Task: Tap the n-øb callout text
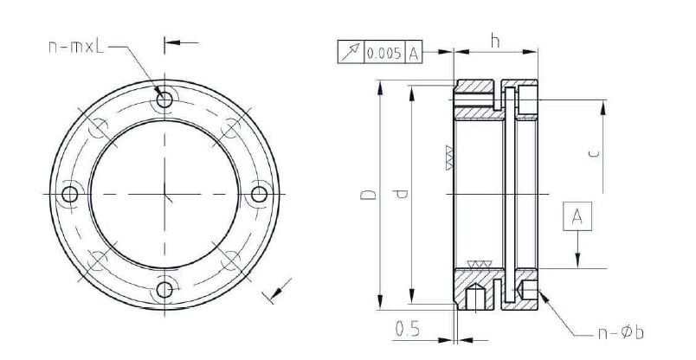click(620, 332)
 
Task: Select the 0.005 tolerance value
click(383, 53)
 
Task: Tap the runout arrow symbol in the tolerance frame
click(350, 53)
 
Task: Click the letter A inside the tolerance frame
click(414, 53)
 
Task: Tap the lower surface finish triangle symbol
click(478, 263)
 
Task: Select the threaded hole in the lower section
click(474, 295)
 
